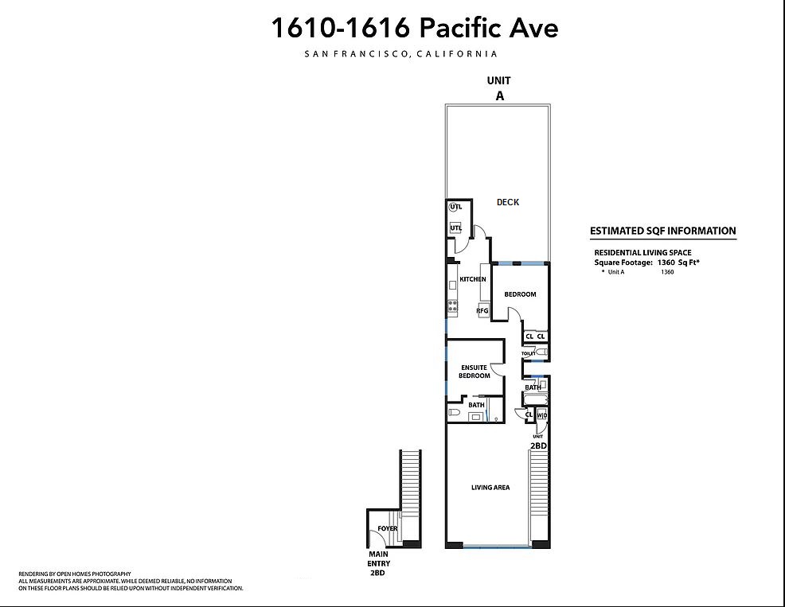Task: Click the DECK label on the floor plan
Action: [508, 202]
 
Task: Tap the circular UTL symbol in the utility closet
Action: [455, 207]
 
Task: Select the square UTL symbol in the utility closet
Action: [455, 228]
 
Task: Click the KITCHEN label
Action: [473, 279]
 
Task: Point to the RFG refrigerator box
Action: [482, 310]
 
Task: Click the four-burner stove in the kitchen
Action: [452, 305]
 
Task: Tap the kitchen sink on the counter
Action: [452, 286]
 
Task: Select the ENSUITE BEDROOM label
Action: [474, 372]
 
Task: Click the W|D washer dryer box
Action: [541, 414]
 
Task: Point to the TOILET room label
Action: [528, 353]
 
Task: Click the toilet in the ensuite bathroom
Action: [455, 413]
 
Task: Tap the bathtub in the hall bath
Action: [535, 399]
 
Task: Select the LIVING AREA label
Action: [490, 488]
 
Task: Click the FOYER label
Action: [388, 528]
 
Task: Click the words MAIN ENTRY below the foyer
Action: [378, 558]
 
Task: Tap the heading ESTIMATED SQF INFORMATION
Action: [663, 231]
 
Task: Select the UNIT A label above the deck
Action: [499, 88]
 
